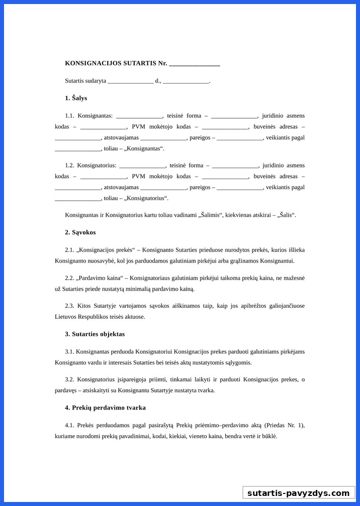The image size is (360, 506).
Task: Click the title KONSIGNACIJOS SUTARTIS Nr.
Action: coord(116,63)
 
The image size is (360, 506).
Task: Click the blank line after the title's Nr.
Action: coord(195,64)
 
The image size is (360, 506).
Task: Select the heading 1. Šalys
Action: coord(76,98)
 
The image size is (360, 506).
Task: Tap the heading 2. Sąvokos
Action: coord(80,232)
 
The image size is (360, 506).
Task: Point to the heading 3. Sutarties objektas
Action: coord(95,334)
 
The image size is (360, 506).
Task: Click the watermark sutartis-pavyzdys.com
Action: coord(298,493)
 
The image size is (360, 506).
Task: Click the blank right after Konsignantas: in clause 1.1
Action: coord(139,116)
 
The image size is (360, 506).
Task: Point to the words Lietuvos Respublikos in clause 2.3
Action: coord(82,317)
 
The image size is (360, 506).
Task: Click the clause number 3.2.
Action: coord(69,379)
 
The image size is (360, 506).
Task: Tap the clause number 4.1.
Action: coord(69,426)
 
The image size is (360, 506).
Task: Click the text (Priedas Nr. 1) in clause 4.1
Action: coord(284,426)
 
